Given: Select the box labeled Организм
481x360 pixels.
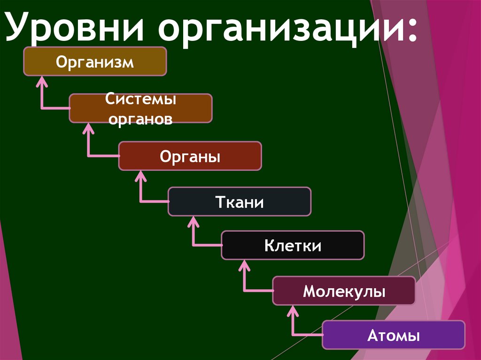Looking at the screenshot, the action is pos(95,61).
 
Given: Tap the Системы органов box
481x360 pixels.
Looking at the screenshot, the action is pos(140,108).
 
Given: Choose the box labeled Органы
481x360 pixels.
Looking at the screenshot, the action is pos(190,156).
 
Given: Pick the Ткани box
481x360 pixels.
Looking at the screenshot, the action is pos(240,202).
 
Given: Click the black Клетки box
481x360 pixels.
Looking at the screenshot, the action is pos(293,245).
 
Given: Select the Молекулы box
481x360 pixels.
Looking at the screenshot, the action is pos(344,291).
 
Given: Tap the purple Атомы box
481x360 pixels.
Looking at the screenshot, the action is pos(393,335).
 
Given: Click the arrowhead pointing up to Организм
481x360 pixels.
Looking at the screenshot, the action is pos(42,81).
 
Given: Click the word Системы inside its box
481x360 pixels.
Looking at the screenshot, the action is pos(140,100).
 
